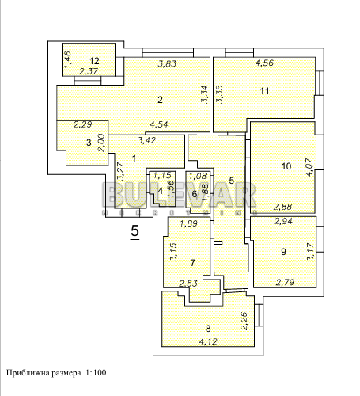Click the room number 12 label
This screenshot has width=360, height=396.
point(94,61)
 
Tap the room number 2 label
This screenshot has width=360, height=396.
point(160,100)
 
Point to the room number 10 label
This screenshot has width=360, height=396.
point(286,166)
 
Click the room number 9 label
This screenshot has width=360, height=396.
point(283,252)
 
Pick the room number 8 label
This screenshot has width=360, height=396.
point(208,328)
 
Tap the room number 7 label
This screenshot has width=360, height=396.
point(192,261)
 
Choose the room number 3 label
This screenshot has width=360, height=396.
point(89,142)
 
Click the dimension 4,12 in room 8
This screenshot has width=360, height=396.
point(207,342)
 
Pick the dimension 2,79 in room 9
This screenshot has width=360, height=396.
point(285,283)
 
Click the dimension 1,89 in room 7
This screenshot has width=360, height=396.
point(188,224)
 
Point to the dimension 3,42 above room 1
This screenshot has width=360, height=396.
point(146,141)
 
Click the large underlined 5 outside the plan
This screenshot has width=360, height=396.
point(135,231)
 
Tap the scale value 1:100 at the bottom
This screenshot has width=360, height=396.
point(94,371)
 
